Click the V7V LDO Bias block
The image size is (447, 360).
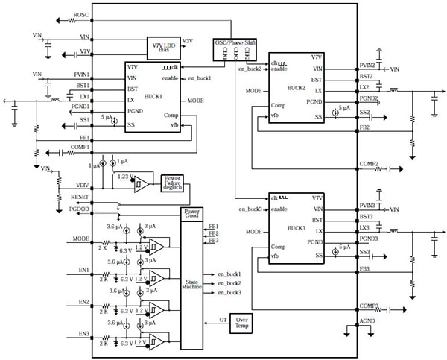tap(160, 47)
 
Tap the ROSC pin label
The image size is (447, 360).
tap(82, 15)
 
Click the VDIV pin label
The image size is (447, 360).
tap(82, 185)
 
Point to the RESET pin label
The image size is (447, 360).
tap(80, 198)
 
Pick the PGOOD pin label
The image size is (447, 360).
tap(80, 209)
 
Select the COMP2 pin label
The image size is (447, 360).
tap(369, 164)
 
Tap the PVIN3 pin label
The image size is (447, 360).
tap(367, 205)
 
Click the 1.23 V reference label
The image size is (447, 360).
tap(125, 176)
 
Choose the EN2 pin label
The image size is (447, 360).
tap(83, 302)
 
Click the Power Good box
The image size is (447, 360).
tap(192, 214)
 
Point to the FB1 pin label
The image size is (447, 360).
tap(84, 138)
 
